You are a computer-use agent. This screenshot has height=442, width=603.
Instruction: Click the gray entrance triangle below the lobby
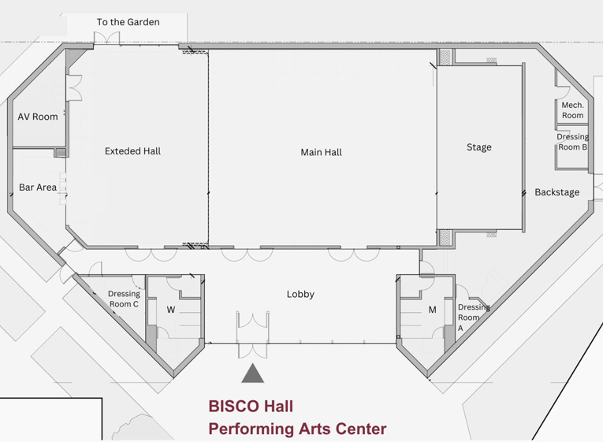(x=253, y=374)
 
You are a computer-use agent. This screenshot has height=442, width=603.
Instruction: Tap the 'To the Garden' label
(x=128, y=22)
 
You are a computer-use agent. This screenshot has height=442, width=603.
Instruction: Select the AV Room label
(x=38, y=117)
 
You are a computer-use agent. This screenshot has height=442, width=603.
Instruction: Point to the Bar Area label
(x=38, y=188)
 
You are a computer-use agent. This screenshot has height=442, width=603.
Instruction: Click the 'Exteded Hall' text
(x=132, y=151)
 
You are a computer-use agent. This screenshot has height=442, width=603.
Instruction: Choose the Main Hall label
(x=321, y=152)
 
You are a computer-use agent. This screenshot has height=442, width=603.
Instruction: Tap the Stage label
(x=478, y=147)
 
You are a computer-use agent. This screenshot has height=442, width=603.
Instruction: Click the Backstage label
(x=556, y=192)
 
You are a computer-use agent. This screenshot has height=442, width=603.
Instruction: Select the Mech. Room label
(x=572, y=110)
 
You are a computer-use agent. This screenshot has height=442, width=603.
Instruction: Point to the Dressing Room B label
(x=572, y=142)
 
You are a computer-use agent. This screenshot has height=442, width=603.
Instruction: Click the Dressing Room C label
(x=124, y=299)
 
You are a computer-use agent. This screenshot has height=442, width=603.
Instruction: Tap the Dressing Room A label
(x=474, y=318)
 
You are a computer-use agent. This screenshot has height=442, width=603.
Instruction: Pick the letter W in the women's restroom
(x=171, y=310)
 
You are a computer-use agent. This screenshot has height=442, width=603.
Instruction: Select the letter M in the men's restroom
(x=432, y=310)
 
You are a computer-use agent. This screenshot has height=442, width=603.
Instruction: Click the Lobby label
(x=300, y=295)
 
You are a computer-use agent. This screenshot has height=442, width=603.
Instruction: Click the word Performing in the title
(x=251, y=429)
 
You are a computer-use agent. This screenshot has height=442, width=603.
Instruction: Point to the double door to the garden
(x=107, y=38)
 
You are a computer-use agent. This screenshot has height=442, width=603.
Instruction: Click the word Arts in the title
(x=315, y=429)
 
